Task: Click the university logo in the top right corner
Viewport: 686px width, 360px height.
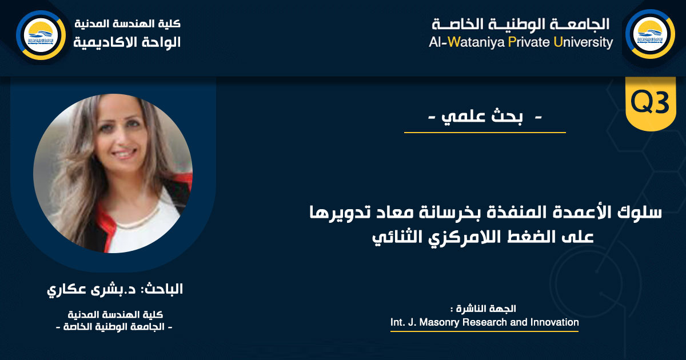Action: (650, 34)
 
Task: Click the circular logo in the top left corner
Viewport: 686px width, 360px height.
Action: (41, 35)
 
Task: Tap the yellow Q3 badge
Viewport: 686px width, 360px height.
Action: (650, 102)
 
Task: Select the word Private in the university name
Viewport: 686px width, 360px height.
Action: (529, 42)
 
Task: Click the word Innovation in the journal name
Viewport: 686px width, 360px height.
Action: (555, 322)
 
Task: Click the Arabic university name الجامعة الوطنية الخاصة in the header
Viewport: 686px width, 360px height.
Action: (521, 24)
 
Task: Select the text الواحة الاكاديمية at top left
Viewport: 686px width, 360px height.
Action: (127, 42)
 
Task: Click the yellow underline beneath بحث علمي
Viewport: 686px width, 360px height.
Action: (485, 133)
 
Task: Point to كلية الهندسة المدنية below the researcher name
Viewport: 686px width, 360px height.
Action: (115, 314)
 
